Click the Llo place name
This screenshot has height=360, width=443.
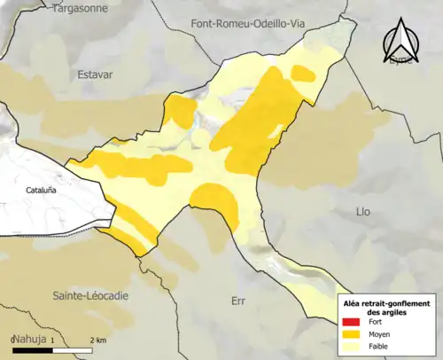pos(362,212)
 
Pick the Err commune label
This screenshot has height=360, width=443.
pos(237,301)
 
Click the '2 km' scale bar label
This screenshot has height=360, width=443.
pos(98,340)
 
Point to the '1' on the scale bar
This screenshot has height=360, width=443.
pos(51,340)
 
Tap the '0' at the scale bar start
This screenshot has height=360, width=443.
pos(13,340)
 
